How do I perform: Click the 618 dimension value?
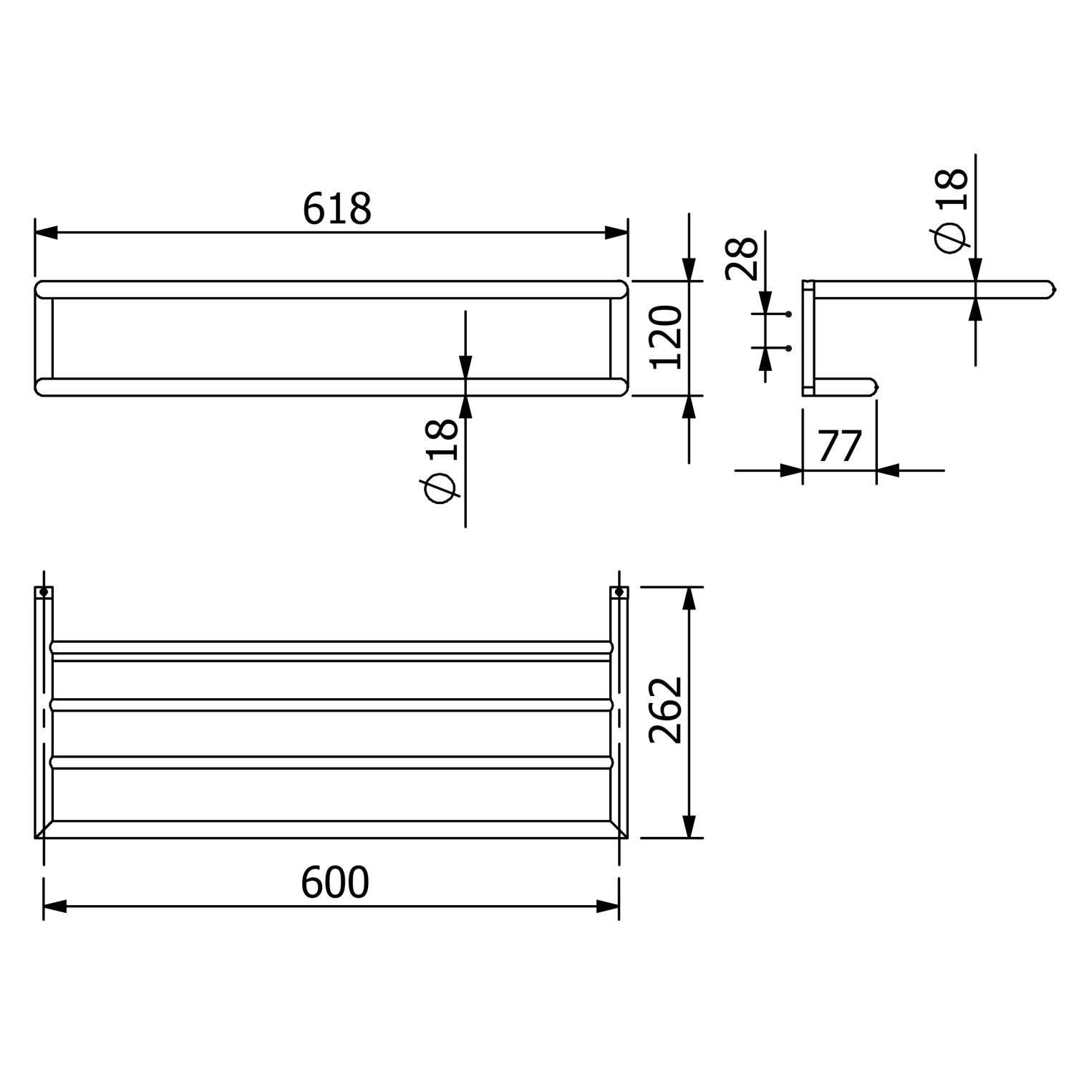coord(337,209)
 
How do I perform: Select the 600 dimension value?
coord(334,882)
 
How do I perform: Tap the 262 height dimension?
coord(666,710)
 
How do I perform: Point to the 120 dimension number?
coord(666,337)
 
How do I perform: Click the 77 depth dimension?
coord(839,447)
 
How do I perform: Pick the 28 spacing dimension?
coord(742,258)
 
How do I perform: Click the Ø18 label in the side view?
coord(952,211)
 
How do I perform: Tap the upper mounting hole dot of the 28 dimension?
coord(788,314)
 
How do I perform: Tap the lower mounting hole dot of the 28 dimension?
coord(788,348)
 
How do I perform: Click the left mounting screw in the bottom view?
coord(44,592)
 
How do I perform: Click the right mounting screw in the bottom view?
coord(619,592)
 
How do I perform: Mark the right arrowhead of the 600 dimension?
coord(608,906)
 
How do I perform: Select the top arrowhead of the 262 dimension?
coord(689,598)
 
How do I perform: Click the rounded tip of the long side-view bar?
coord(1051,289)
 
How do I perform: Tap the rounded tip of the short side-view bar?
coord(874,387)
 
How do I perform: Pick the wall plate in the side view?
coord(808,338)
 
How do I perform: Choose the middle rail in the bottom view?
coord(332,705)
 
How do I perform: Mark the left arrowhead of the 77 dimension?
coord(791,470)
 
